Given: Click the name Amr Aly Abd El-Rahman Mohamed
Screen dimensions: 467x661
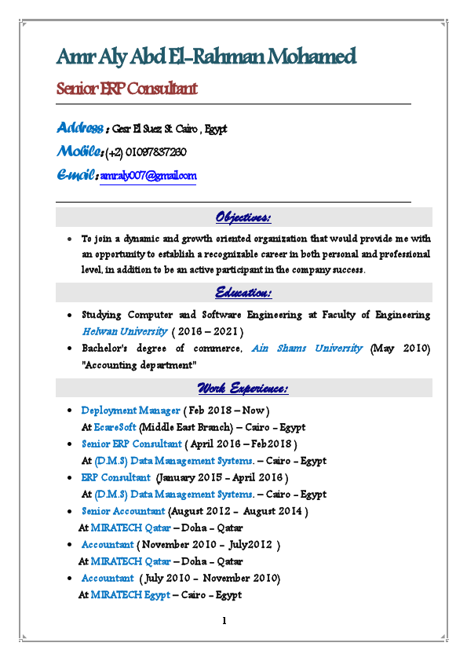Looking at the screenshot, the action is tap(206, 57).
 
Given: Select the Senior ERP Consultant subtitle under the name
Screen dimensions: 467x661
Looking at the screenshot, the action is tap(126, 88).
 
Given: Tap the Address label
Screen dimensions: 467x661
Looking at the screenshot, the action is tap(79, 128).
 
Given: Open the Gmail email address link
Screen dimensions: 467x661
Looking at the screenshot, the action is tap(148, 176).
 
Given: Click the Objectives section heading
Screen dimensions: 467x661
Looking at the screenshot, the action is tap(243, 217).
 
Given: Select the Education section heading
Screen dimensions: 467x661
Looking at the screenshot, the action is tap(243, 293).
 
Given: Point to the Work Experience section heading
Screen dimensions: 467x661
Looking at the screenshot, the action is tap(243, 389).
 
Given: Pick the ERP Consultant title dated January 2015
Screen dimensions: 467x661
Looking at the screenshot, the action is tap(115, 477).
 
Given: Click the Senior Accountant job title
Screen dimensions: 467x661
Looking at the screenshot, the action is tap(123, 511).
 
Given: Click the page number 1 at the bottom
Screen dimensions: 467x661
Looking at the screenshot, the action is tap(224, 622).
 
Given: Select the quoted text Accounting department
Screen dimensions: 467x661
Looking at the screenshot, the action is tap(139, 364).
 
